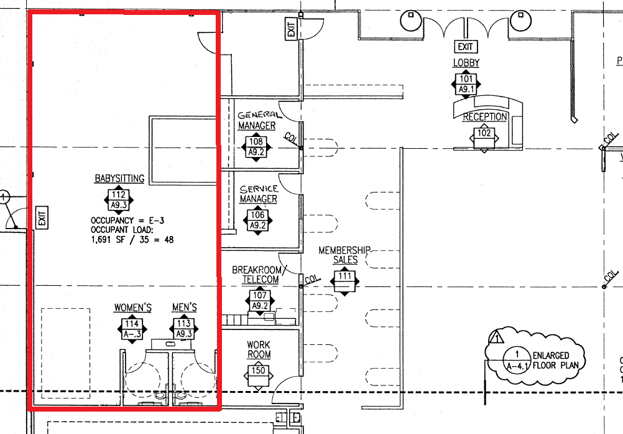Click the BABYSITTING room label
119,179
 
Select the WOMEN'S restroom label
132,308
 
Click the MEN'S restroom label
184,308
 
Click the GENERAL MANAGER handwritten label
257,120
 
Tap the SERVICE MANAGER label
258,194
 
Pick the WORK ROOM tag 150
259,372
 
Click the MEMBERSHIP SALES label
344,255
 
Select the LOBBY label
466,63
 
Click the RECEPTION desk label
485,117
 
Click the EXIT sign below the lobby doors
465,47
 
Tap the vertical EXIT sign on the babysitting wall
42,218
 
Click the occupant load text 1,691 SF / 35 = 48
132,238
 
